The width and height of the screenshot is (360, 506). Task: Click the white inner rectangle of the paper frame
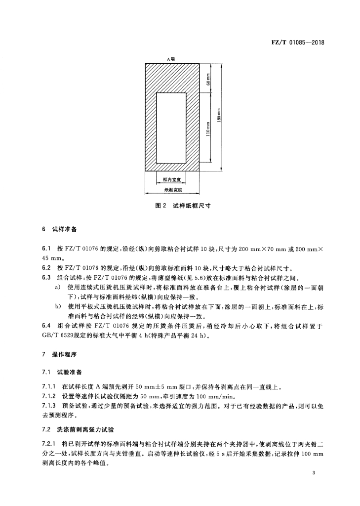tap(171, 127)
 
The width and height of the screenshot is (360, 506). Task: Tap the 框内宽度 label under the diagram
tap(172, 180)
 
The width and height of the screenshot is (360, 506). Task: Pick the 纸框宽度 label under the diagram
tap(172, 189)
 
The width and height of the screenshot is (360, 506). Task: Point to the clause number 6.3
tap(47, 277)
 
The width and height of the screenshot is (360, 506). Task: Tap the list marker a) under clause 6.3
tap(58, 287)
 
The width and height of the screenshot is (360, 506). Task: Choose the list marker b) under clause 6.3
tap(58, 307)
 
